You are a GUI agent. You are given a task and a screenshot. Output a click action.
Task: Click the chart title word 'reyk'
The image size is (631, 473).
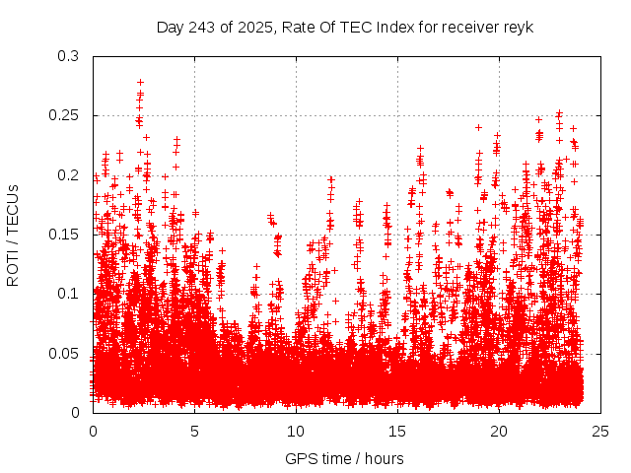pos(517,27)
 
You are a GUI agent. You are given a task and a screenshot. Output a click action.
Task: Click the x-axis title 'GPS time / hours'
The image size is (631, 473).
pos(344,458)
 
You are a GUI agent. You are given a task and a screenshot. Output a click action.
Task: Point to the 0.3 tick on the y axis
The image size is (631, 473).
pos(67,56)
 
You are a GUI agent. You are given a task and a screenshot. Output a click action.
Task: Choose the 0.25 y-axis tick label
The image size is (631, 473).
pos(63,115)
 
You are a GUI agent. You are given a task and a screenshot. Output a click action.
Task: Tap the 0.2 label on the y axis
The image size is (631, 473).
pos(67,175)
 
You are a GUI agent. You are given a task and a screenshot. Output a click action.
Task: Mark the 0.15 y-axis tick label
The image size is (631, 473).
pos(63,235)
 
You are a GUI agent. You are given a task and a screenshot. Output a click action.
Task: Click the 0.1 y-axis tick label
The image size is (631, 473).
pos(67,294)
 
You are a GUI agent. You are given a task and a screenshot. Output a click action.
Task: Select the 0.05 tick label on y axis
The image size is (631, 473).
pos(63,353)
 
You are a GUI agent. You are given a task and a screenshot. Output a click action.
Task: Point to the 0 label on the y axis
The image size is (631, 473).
pos(75,412)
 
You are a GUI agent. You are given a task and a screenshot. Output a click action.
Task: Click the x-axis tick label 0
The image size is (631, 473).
pos(94,431)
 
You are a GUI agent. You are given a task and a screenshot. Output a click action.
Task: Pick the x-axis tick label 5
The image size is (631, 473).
pos(195,431)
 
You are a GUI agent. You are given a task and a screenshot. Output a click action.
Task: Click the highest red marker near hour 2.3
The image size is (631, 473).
pos(140,83)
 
